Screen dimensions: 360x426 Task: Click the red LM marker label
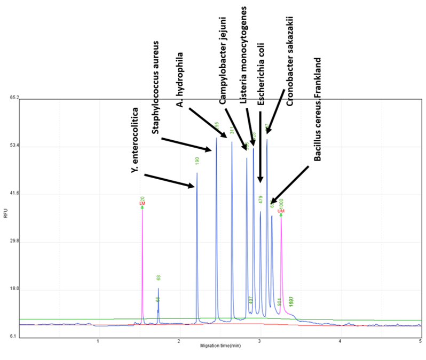tap(142, 204)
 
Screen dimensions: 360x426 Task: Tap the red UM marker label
tap(281, 211)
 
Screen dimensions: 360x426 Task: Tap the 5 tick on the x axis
tap(420, 341)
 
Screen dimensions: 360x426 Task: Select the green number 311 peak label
tap(232, 130)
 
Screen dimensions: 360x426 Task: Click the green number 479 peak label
tap(261, 199)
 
